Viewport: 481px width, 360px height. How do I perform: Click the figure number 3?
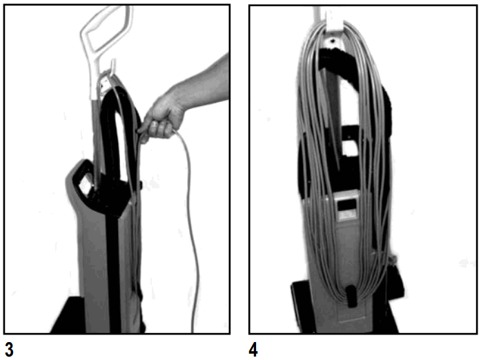(x=9, y=348)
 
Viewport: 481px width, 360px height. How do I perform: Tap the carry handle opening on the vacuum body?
(x=84, y=183)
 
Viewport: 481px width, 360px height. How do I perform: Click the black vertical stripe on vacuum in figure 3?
(x=110, y=262)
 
